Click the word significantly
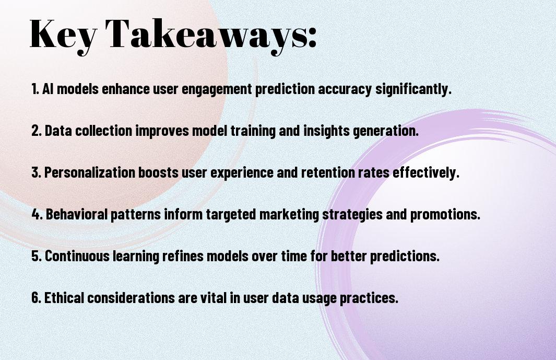pyautogui.click(x=413, y=89)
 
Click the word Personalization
pyautogui.click(x=90, y=172)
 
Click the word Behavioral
pyautogui.click(x=77, y=214)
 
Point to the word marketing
pyautogui.click(x=289, y=215)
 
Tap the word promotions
pyautogui.click(x=445, y=215)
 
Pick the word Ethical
pyautogui.click(x=64, y=297)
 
